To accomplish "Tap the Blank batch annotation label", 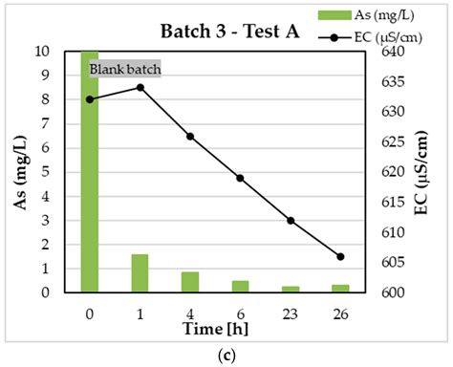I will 125,69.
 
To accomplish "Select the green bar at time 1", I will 140,273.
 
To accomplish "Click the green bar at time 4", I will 190,282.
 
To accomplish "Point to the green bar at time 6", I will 241,287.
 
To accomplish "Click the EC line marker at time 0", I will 90,99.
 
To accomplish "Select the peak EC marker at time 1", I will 140,87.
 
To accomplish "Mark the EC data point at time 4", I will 190,136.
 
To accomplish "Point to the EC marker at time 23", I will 291,220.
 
